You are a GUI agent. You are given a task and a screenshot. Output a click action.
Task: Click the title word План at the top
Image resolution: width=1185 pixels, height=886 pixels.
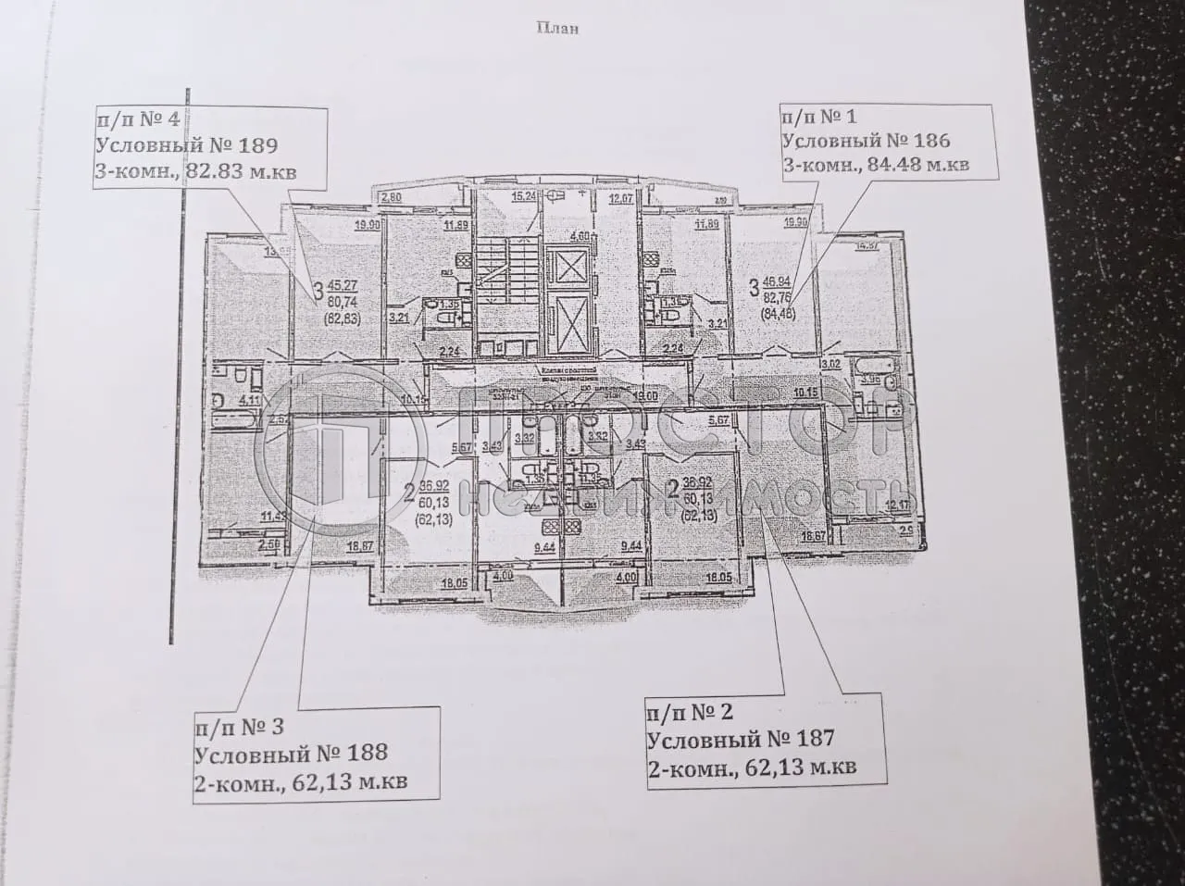(x=557, y=28)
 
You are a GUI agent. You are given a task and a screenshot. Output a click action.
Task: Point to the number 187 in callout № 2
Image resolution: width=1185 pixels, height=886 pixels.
(x=806, y=738)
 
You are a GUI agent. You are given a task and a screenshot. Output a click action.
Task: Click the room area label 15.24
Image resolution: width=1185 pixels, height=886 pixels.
(x=525, y=196)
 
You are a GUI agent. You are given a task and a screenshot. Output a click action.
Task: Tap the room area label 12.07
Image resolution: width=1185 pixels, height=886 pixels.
(x=619, y=197)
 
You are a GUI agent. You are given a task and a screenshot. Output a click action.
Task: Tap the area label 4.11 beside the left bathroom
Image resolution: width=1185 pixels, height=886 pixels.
(x=247, y=401)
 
